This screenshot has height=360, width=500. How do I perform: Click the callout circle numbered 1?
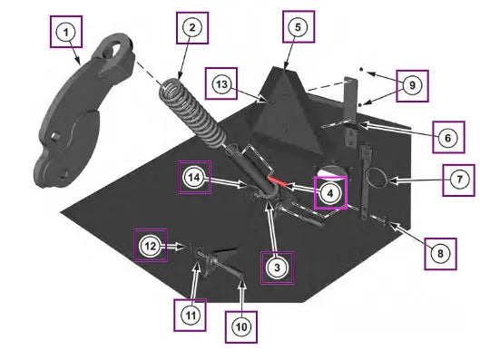coord(66,32)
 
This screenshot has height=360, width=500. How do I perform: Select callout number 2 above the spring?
coord(192,27)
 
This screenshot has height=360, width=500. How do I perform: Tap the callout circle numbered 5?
coord(298,27)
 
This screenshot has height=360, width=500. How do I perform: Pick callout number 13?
coord(221,84)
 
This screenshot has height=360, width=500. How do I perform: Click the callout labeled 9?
coord(412,85)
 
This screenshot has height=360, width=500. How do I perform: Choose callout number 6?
coord(448,138)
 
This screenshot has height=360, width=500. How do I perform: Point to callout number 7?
coord(459,180)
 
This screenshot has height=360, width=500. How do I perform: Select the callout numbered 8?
coord(440,254)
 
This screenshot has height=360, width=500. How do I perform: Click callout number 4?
coord(330,193)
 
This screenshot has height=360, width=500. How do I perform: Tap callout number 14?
coord(194,178)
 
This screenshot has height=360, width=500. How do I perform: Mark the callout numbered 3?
coord(277,268)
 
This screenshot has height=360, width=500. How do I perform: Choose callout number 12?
coord(151,246)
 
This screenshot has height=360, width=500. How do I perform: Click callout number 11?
coord(191,316)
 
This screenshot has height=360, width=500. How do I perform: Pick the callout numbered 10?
coord(241,326)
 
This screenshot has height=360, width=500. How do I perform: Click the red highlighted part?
coord(277,181)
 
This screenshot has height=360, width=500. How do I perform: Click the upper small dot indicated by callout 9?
coord(361,69)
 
